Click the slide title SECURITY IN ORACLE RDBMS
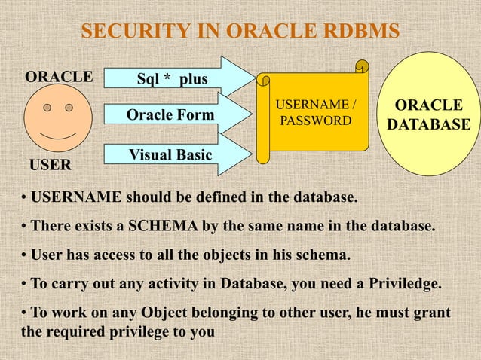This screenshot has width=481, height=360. [x=240, y=32]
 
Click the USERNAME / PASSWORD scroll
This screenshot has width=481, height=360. [x=314, y=114]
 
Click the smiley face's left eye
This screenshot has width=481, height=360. [x=47, y=108]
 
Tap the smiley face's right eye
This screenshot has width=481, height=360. [x=69, y=108]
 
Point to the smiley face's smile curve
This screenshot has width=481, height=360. [x=58, y=136]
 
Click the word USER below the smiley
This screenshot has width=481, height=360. [x=49, y=163]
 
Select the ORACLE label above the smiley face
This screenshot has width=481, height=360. [x=59, y=77]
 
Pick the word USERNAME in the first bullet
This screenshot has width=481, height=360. [x=75, y=198]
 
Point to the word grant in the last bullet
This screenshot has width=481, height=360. [x=432, y=312]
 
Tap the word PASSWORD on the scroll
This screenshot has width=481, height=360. [x=314, y=121]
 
